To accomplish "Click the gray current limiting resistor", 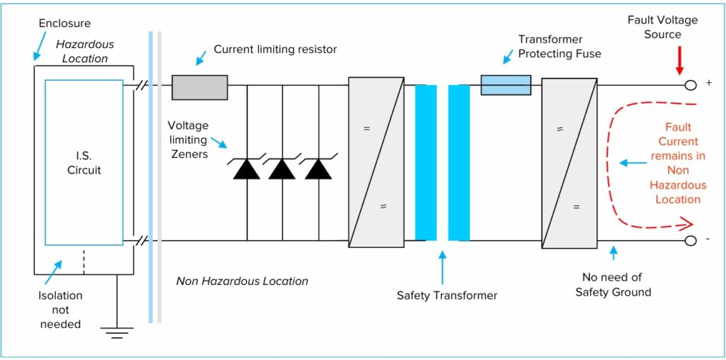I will click(199, 86).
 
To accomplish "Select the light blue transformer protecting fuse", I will click(506, 85).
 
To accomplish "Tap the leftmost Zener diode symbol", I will click(247, 169).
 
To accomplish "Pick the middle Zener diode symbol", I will click(282, 169).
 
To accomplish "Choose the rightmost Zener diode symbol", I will click(318, 169).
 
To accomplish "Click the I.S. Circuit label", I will click(84, 163).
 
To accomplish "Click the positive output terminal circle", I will click(690, 85).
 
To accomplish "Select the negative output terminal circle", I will click(690, 241).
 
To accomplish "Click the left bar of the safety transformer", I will click(425, 162).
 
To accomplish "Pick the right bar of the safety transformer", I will click(459, 162).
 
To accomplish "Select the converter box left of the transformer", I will click(376, 162).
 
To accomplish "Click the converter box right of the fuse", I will click(569, 162).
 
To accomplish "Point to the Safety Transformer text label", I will click(447, 295).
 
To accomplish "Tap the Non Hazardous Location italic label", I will click(242, 281).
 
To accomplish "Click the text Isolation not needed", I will click(60, 310).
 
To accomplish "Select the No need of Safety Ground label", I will click(613, 284).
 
